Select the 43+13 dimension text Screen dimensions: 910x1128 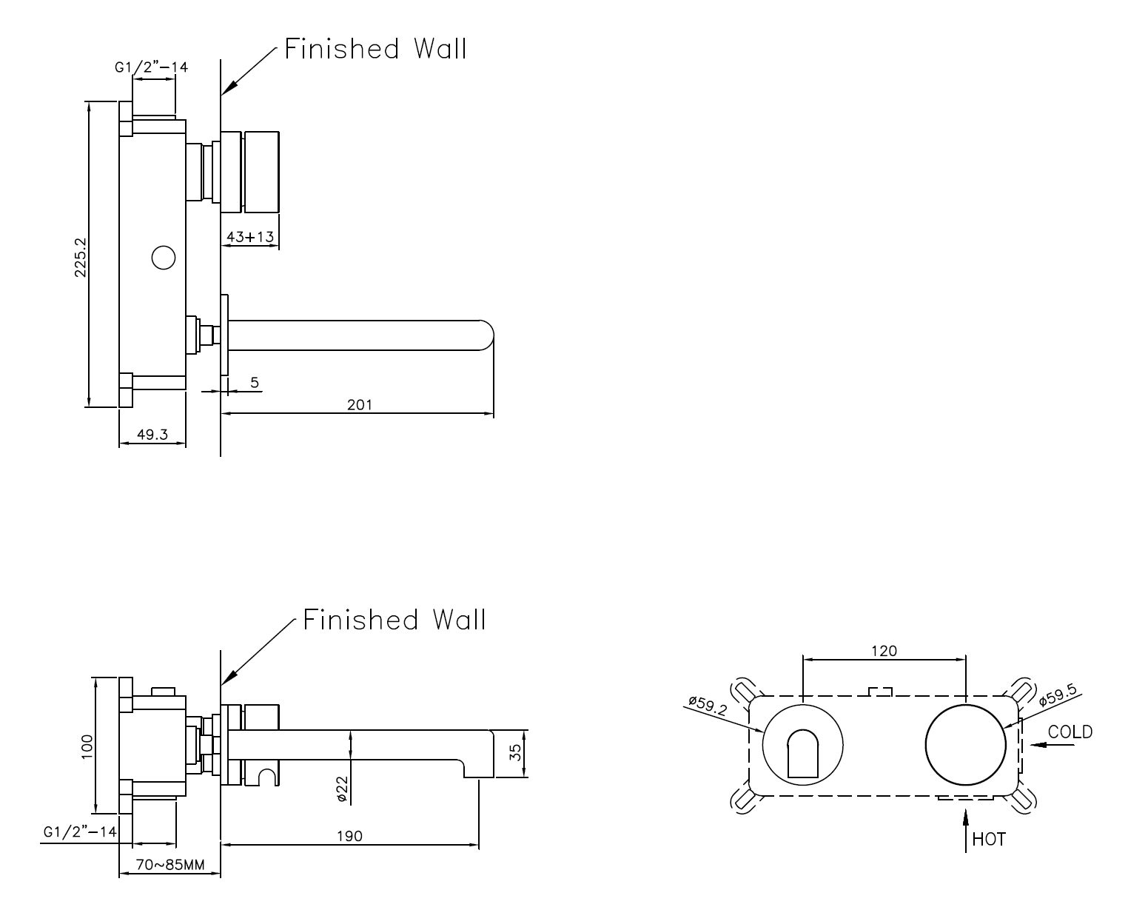[249, 237]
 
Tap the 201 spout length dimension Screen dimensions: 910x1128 [360, 404]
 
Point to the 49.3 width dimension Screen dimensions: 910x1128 [151, 435]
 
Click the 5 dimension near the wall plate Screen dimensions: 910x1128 [255, 382]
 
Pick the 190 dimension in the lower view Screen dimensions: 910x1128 [350, 836]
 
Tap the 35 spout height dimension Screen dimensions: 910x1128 [516, 754]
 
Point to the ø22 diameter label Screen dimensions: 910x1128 [341, 790]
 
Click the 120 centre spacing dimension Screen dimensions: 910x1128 [884, 651]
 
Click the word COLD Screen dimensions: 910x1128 [1070, 732]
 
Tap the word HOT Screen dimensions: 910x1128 [989, 839]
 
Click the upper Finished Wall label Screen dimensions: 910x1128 [376, 49]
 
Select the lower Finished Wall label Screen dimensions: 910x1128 [395, 619]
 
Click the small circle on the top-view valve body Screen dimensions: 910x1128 [163, 258]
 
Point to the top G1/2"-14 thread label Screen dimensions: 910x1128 [151, 67]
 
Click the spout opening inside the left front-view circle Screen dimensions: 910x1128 [803, 754]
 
